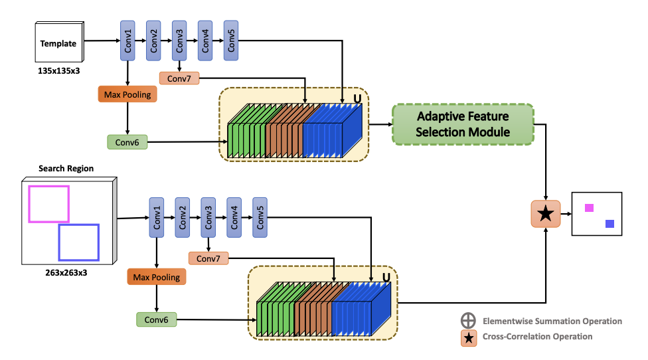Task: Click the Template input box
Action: [x=58, y=44]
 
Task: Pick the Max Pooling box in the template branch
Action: [x=127, y=95]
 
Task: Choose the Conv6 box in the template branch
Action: [x=127, y=141]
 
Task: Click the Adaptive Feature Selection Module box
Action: [x=463, y=124]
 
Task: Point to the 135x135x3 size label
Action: [x=59, y=70]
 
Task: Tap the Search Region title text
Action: [x=66, y=168]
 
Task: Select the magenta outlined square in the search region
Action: [x=48, y=204]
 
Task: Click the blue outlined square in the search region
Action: [x=78, y=242]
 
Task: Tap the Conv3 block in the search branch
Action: [x=208, y=217]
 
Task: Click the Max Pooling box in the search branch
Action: [x=157, y=277]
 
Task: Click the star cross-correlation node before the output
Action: [x=546, y=213]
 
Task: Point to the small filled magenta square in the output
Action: [x=589, y=208]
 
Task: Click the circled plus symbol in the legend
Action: [x=469, y=321]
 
